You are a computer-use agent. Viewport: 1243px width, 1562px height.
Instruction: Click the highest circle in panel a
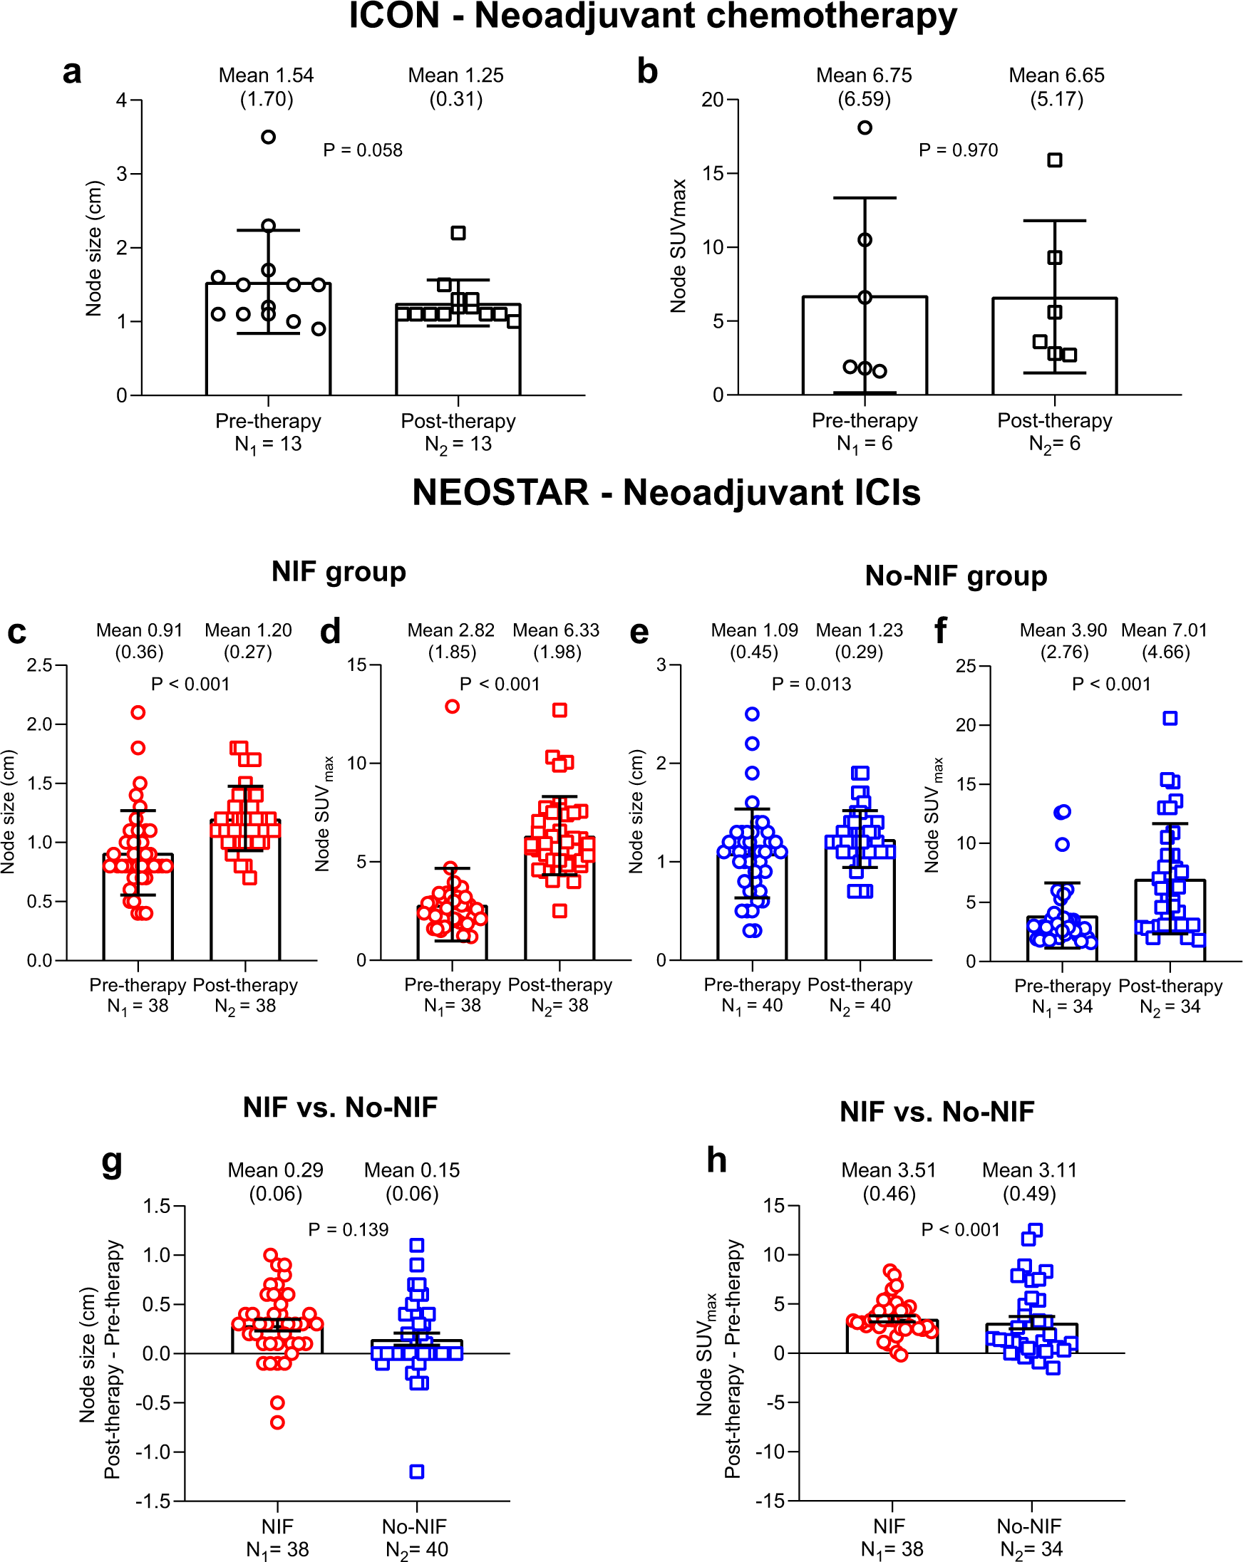click(x=268, y=137)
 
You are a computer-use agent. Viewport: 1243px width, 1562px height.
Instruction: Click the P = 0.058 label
click(x=362, y=150)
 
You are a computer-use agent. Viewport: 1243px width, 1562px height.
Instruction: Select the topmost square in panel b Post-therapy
click(x=1055, y=160)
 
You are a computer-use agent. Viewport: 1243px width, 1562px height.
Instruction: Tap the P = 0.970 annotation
click(x=957, y=150)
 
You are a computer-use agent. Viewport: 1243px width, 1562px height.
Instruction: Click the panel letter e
click(x=639, y=632)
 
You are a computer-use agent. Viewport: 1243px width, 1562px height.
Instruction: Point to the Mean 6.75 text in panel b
click(x=864, y=76)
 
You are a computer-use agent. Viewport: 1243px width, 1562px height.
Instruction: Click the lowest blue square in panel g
click(x=417, y=1472)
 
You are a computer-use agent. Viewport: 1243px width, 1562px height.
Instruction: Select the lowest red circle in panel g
click(x=277, y=1422)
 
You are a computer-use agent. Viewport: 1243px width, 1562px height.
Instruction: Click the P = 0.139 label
click(x=348, y=1229)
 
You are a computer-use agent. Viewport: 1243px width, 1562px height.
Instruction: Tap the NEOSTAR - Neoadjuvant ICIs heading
click(x=666, y=493)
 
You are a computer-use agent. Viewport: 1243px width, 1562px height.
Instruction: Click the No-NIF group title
click(x=955, y=576)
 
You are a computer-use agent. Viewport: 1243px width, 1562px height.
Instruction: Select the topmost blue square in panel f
click(x=1170, y=718)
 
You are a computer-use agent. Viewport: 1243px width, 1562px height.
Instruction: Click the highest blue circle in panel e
click(x=753, y=714)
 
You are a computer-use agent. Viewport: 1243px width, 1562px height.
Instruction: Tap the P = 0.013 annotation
click(x=811, y=684)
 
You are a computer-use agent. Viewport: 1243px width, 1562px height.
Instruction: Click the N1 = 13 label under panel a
click(x=268, y=444)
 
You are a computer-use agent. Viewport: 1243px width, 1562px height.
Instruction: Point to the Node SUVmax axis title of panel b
click(x=678, y=246)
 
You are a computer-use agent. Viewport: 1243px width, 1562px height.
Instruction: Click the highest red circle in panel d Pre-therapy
click(x=453, y=707)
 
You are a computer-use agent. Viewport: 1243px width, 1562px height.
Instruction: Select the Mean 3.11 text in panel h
click(x=1029, y=1170)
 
